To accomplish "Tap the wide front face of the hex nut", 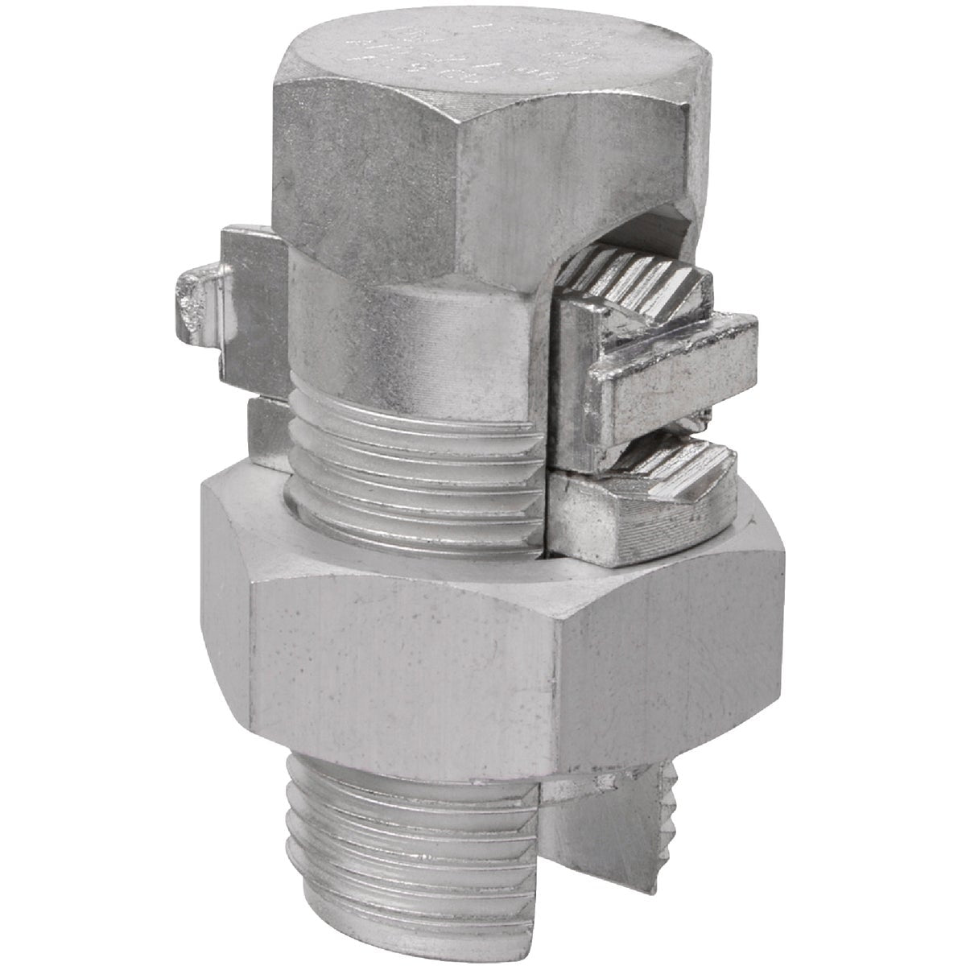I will (x=402, y=652).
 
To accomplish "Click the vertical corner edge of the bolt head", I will (x=475, y=185).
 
